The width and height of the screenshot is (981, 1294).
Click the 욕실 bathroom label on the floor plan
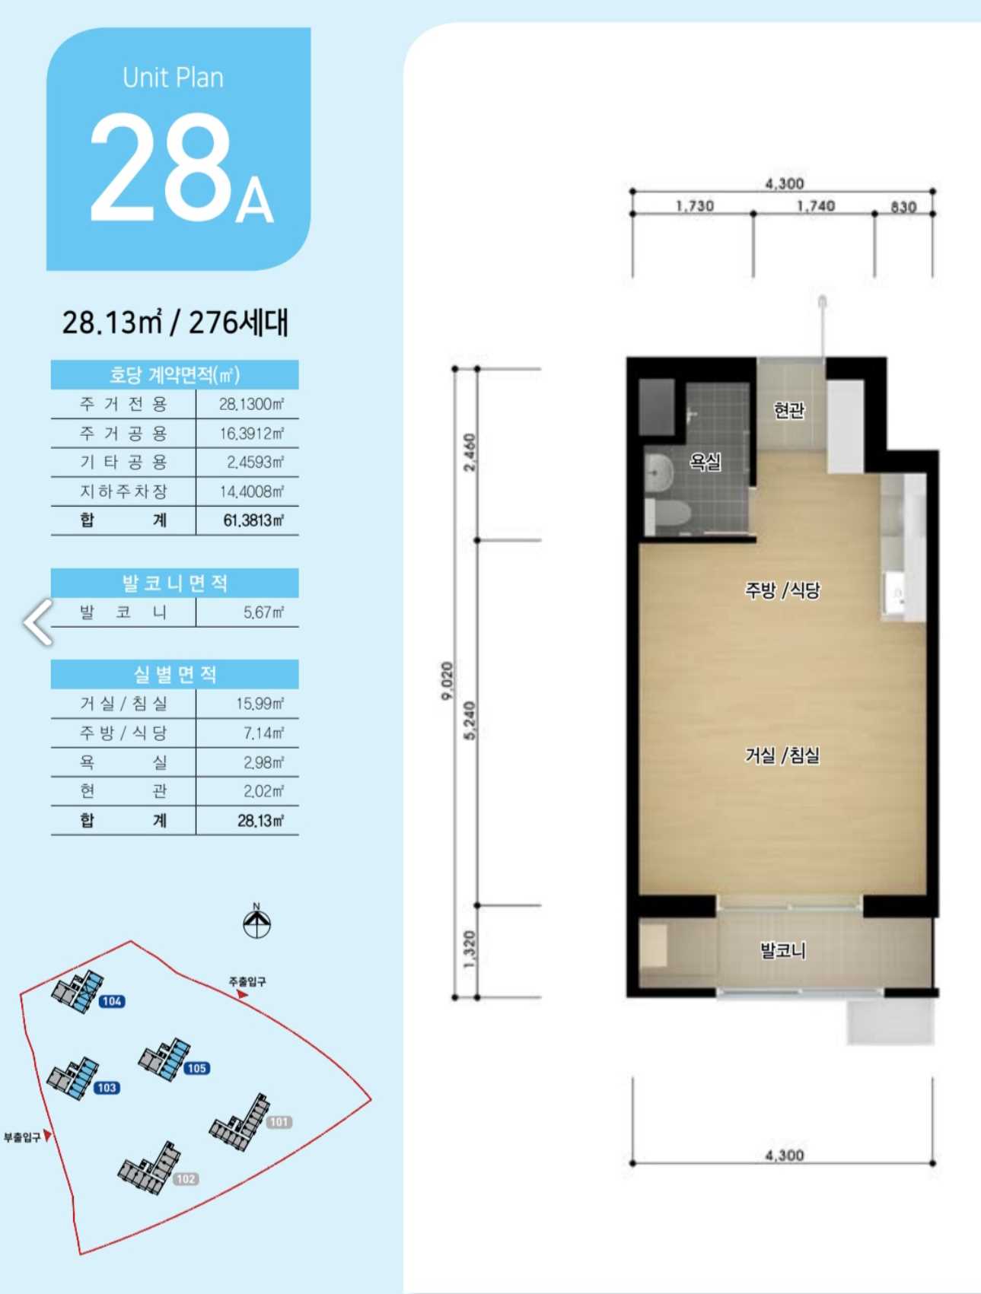point(705,461)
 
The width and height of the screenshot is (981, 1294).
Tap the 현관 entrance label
point(789,411)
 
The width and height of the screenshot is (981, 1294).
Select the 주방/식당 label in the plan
point(782,590)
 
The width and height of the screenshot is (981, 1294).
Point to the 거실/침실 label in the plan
point(782,755)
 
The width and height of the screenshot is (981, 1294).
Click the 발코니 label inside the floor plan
point(783,950)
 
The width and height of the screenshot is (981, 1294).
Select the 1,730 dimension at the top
point(695,205)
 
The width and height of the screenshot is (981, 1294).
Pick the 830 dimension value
point(903,207)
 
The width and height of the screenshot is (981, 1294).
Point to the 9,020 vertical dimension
point(447,681)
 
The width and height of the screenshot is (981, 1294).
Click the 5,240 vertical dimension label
point(470,720)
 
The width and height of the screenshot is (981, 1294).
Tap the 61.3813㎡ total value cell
point(253,520)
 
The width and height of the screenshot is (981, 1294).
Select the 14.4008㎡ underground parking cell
point(252,491)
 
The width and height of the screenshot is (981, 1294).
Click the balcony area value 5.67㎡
point(263,612)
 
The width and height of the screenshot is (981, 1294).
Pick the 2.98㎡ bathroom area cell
point(263,762)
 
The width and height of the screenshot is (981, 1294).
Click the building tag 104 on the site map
point(112,1001)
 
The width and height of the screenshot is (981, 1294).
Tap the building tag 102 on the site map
point(186,1179)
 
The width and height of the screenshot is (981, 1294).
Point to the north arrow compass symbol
point(256,921)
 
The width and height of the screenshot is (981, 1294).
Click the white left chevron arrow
point(38,622)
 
